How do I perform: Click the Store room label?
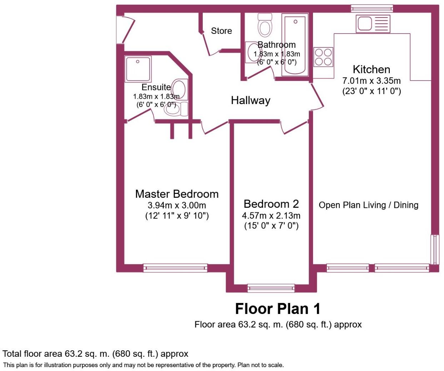coord(221,31)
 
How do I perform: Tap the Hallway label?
coord(251,101)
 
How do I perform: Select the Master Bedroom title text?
coord(177,194)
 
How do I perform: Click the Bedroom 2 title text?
coord(271,204)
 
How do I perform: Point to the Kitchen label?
coord(371,69)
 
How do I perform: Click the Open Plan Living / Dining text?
coord(368,205)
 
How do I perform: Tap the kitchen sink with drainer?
coord(373,24)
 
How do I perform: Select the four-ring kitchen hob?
coord(323,57)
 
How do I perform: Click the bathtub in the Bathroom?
coord(295,45)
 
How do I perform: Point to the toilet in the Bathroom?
coord(264,25)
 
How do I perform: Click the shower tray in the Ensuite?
coord(138,68)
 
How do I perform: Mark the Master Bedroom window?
coord(175,268)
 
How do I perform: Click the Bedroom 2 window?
coord(271,288)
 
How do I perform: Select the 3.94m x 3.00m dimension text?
coord(177,205)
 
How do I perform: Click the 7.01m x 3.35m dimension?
coord(371,81)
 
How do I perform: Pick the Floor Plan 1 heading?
coord(278,309)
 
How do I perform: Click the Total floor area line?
coord(95,354)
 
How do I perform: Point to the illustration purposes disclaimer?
coord(143,365)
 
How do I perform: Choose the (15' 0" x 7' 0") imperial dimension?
coord(271,226)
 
